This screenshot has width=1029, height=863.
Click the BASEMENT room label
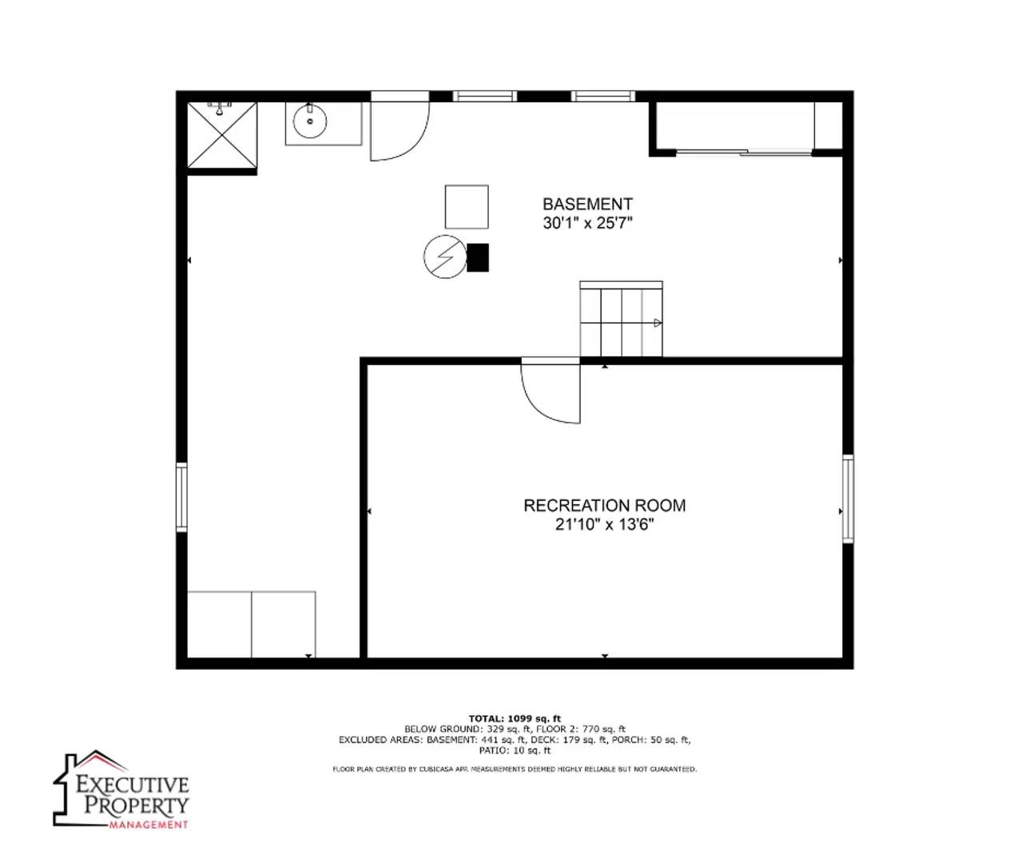(587, 204)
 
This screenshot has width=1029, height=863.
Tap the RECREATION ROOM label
(604, 505)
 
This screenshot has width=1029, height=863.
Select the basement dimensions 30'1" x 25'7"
(587, 223)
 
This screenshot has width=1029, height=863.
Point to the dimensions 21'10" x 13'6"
(604, 524)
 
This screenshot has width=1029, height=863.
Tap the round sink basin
(309, 121)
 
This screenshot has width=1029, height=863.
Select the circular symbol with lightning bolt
(444, 257)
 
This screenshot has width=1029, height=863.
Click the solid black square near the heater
(478, 257)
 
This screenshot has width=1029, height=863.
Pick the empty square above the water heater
(467, 207)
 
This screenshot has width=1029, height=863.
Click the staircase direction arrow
(657, 323)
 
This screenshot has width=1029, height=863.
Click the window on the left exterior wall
(181, 496)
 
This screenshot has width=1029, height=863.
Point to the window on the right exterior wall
(848, 499)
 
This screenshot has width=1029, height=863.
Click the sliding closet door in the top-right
(745, 151)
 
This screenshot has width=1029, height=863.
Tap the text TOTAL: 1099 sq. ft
(514, 718)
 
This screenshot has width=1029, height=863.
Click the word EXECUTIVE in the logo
(133, 784)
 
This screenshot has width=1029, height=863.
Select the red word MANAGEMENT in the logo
(149, 824)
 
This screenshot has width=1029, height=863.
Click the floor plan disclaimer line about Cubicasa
(514, 769)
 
